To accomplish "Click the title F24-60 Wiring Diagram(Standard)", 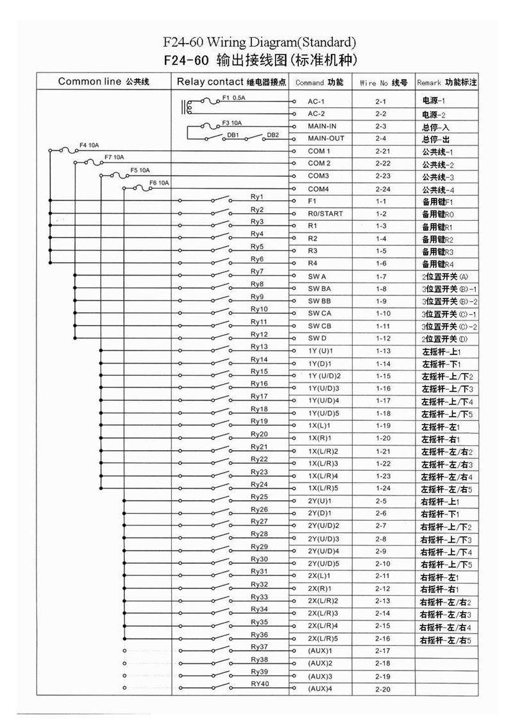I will (259, 44).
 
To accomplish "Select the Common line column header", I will (103, 82).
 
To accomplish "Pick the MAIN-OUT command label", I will (326, 139).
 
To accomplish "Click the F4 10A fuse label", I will (89, 145).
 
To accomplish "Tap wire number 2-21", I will (382, 152).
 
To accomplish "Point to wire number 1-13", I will (383, 351).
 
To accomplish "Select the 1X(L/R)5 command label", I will (323, 489).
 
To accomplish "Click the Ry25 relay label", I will (259, 496).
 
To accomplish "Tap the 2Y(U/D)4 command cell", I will (323, 551).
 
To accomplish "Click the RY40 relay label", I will (260, 683).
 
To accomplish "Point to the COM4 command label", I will (319, 189).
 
